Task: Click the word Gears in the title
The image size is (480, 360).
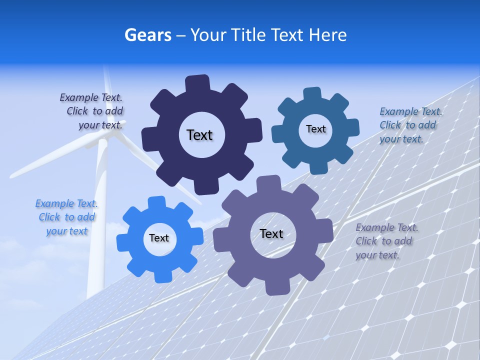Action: pos(148,35)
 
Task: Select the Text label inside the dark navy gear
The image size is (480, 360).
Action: pos(199,135)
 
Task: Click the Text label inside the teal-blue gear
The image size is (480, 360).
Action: pos(315,129)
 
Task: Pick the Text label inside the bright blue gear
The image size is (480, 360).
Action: pos(159,238)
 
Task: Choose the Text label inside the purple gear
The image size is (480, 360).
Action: pos(271,234)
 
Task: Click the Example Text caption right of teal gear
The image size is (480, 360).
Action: pos(410,125)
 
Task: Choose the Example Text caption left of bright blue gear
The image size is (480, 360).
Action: pos(66,217)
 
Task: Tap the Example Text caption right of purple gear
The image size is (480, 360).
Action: pos(386,241)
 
